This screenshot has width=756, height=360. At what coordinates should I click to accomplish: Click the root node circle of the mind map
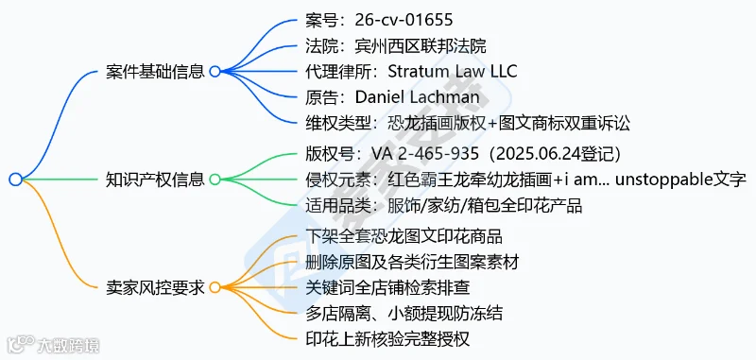[15, 180]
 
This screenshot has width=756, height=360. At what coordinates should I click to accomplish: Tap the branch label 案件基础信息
[155, 72]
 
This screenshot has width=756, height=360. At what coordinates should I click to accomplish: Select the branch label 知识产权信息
[155, 180]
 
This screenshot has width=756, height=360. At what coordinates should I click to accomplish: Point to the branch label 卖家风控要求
[155, 287]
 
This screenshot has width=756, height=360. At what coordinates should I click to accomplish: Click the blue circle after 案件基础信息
[215, 72]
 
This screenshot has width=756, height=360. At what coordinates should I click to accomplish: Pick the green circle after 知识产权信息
[215, 180]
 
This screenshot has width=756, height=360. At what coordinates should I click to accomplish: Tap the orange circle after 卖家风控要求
[215, 287]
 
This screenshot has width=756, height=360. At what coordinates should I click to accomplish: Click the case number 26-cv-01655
[404, 20]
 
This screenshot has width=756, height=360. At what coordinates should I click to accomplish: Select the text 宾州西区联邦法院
[420, 45]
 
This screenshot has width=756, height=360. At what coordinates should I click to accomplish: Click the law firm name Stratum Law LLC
[453, 71]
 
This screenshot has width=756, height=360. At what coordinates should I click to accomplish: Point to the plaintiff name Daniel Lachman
[418, 97]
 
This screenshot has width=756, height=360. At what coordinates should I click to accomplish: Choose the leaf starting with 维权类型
[468, 124]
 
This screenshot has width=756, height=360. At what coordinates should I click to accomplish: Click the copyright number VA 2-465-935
[424, 154]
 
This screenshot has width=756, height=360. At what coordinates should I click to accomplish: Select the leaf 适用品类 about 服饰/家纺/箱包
[444, 206]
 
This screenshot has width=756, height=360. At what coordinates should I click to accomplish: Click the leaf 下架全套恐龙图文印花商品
[404, 236]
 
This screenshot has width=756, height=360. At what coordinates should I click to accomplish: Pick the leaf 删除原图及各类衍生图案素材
[412, 263]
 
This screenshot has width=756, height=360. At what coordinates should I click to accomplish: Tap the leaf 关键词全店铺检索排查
[387, 287]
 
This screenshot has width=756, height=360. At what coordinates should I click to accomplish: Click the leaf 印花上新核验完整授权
[387, 339]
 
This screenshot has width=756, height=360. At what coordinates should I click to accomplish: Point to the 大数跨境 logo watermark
[54, 344]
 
